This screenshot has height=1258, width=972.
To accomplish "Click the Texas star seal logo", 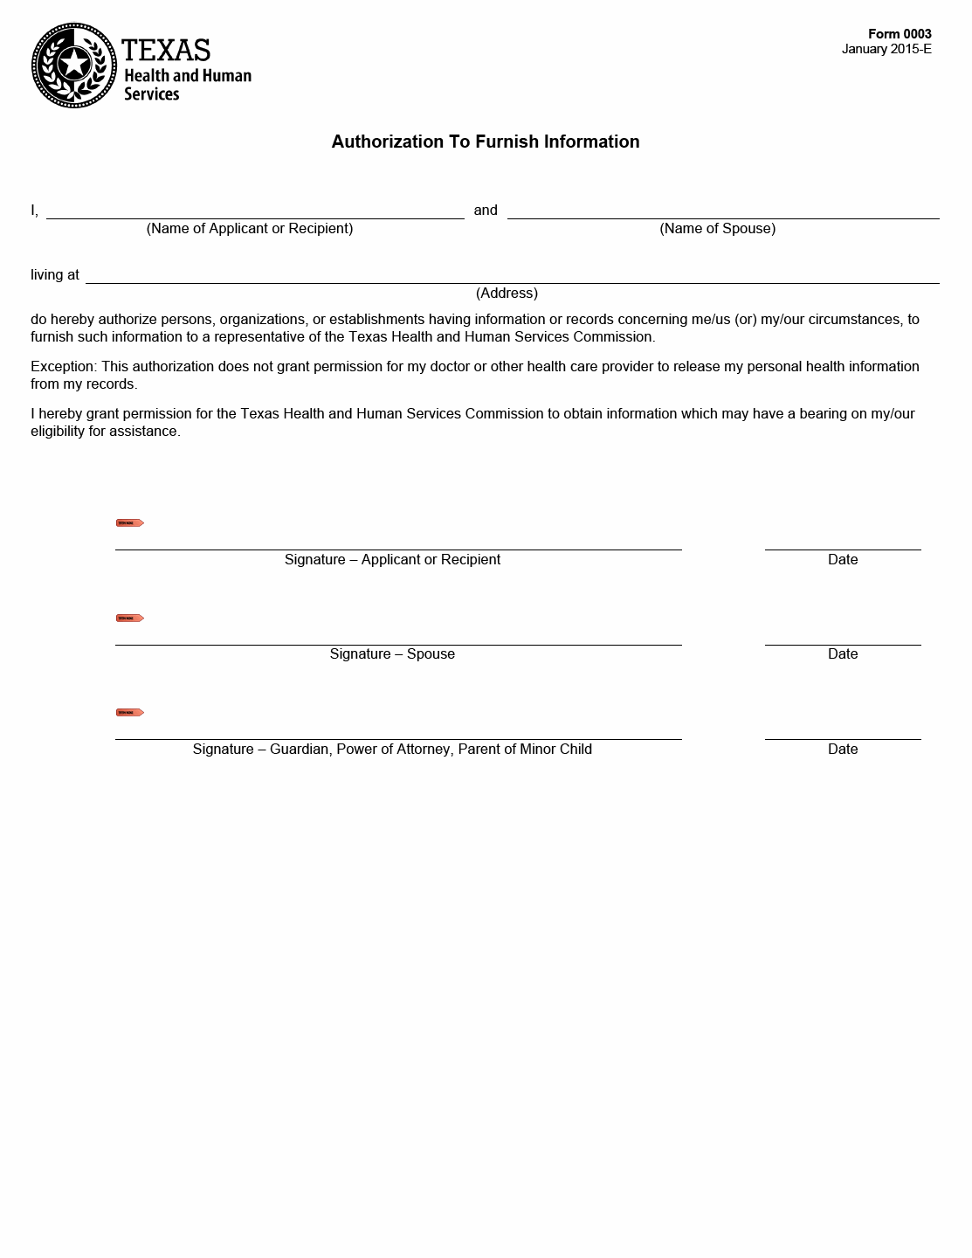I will click(74, 66).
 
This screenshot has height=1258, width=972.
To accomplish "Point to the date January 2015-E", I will click(886, 49).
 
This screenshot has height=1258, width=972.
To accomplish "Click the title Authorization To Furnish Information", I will click(485, 142).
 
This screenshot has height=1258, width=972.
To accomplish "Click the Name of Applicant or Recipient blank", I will click(255, 211).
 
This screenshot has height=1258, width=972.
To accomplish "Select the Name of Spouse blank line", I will click(722, 211).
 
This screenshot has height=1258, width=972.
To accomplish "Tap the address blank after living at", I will click(512, 275).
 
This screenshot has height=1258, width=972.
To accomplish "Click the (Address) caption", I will click(507, 293).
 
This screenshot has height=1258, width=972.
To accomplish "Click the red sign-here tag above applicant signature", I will click(130, 523).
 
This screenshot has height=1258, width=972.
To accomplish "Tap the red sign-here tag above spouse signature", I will click(130, 619).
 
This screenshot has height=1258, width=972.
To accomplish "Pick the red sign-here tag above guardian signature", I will click(130, 713).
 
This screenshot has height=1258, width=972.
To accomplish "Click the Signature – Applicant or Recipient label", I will click(392, 559).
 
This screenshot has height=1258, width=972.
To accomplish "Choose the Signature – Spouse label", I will click(392, 653).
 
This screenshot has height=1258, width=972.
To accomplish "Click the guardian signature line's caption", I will click(392, 749).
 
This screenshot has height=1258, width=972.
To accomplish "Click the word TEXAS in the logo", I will click(166, 50).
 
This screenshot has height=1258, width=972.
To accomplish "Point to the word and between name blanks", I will click(486, 210).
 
